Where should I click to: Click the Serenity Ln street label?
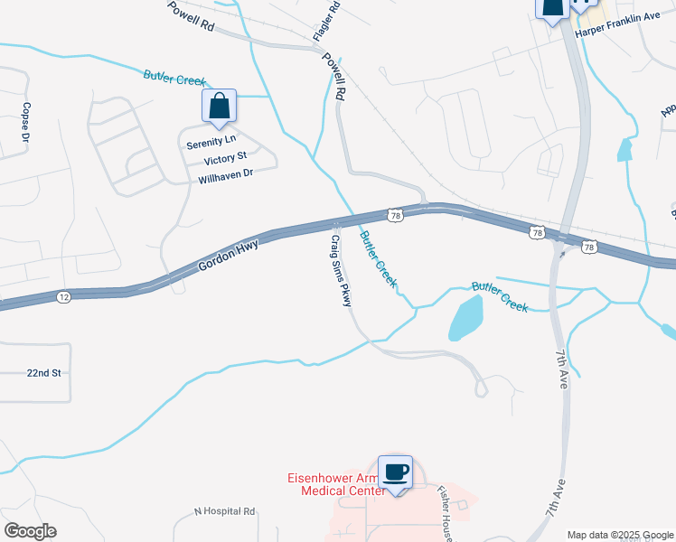pos(211,142)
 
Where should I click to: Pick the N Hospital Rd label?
pos(225,511)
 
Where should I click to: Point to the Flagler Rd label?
pos(325,20)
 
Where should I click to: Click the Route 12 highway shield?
pos(62,296)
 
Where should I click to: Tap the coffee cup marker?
pos(397,471)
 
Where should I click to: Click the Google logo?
pos(30,531)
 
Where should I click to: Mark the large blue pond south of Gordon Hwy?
pos(465,318)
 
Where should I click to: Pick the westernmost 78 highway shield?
pos(394,215)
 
